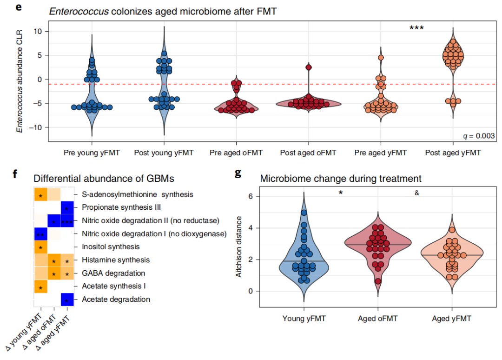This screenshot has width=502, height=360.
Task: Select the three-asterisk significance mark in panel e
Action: (x=416, y=28)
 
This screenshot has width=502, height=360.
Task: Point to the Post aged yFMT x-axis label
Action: (x=453, y=153)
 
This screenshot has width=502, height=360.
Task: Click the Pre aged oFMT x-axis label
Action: (x=237, y=153)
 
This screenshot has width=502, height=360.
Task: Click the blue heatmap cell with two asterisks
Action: (x=41, y=234)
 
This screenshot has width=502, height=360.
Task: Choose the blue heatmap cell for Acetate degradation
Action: (x=67, y=300)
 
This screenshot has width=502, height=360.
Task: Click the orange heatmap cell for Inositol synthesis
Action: (x=41, y=247)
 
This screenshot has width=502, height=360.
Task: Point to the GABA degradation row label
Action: (x=113, y=273)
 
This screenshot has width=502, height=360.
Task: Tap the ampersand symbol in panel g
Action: (x=416, y=193)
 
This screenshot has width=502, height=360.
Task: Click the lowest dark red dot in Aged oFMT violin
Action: (x=378, y=281)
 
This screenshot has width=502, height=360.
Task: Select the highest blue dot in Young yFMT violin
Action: (x=303, y=213)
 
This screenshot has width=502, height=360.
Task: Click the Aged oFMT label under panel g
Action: (x=378, y=319)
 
